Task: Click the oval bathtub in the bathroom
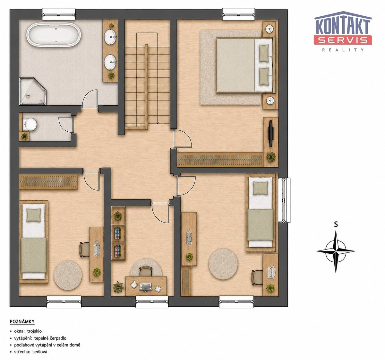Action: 54,35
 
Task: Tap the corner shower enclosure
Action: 32,92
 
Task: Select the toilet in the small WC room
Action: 30,124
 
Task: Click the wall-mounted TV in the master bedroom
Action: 270,134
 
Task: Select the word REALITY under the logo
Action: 343,50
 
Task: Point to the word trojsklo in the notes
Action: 35,331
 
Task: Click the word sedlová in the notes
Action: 40,352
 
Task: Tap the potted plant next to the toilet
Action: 24,136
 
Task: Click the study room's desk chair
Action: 146,271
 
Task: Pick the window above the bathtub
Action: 59,14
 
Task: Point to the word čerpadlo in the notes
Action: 57,338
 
